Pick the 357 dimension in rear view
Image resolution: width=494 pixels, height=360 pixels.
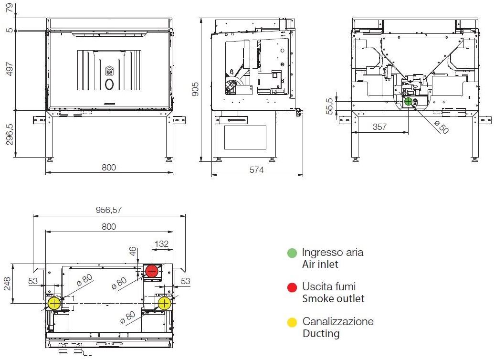click(380, 127)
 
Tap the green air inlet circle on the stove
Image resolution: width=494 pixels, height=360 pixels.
click(408, 101)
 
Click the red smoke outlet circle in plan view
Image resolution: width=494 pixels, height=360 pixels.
click(152, 272)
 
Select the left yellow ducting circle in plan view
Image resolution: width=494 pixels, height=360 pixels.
click(54, 303)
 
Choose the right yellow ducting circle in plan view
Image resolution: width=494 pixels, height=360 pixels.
click(164, 303)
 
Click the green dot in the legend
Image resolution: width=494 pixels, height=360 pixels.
click(292, 253)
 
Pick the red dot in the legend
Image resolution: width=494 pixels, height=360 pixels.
click(292, 287)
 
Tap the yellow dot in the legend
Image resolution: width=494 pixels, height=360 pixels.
click(292, 322)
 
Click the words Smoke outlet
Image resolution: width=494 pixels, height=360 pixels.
click(333, 299)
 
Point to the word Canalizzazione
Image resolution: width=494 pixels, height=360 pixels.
click(338, 321)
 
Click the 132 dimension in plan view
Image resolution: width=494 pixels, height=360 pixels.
click(162, 244)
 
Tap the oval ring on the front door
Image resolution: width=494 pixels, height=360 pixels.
click(109, 85)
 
